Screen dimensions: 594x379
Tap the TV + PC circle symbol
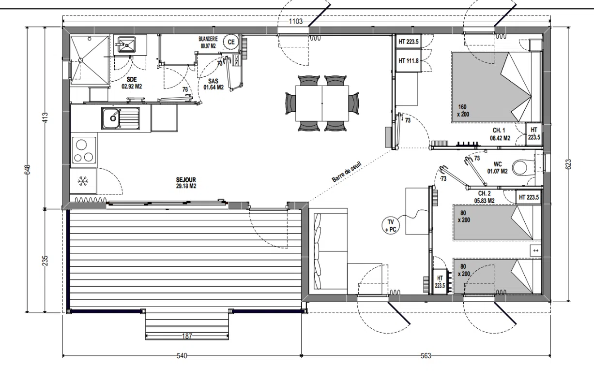coord(391,226)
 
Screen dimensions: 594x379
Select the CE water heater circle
coord(231,42)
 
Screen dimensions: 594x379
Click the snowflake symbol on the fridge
coord(83,181)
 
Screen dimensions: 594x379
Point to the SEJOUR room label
coord(186,180)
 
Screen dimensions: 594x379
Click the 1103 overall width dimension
coord(296,21)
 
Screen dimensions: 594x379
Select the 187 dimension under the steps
coord(187,336)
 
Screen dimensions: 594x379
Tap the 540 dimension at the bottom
coord(182,356)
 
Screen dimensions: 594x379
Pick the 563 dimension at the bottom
coord(426,356)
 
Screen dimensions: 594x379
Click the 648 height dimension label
coord(27,170)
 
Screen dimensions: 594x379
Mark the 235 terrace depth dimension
coord(45,261)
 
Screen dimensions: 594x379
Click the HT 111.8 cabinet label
coord(409,61)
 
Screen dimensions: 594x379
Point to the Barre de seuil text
coord(347,172)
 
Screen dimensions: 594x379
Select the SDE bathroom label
coord(132,79)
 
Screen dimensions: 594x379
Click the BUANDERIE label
coord(208,39)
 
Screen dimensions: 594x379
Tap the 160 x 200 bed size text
coord(463,111)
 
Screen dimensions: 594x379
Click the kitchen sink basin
coord(110,118)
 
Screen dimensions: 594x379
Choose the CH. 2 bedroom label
coord(485,193)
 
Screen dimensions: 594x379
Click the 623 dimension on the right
coord(568,164)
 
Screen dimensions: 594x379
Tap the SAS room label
coord(213,81)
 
